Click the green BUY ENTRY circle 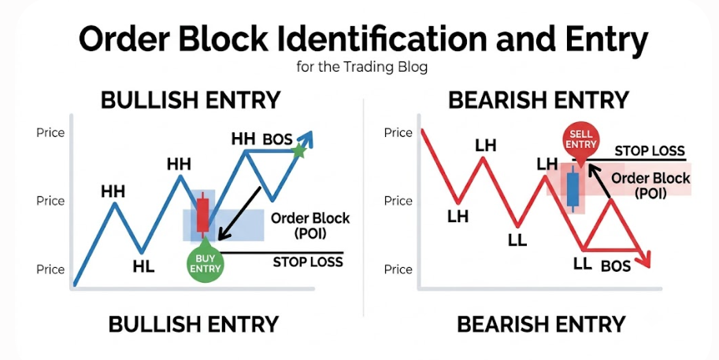pos(206,264)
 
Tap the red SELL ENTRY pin pos(580,139)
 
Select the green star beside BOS pos(299,150)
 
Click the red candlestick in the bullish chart pos(202,215)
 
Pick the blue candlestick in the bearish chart pos(573,189)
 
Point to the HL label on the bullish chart pos(143,267)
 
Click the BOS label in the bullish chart pos(277,139)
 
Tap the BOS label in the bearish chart pos(616,266)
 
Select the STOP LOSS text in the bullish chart pos(308,262)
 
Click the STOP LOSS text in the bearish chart pos(650,151)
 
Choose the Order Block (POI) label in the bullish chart pos(310,225)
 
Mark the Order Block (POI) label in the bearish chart pos(651,186)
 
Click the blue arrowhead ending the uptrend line pos(306,139)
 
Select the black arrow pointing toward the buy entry pos(239,213)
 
